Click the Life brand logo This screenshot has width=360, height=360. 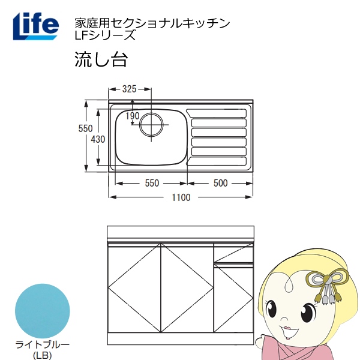[35, 25]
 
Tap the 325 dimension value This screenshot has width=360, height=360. [128, 89]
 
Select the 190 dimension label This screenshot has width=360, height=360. [133, 116]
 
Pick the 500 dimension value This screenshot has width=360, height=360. [220, 183]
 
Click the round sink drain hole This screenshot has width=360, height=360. [151, 125]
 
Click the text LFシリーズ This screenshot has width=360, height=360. [97, 35]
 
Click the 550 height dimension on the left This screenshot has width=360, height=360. [85, 128]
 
